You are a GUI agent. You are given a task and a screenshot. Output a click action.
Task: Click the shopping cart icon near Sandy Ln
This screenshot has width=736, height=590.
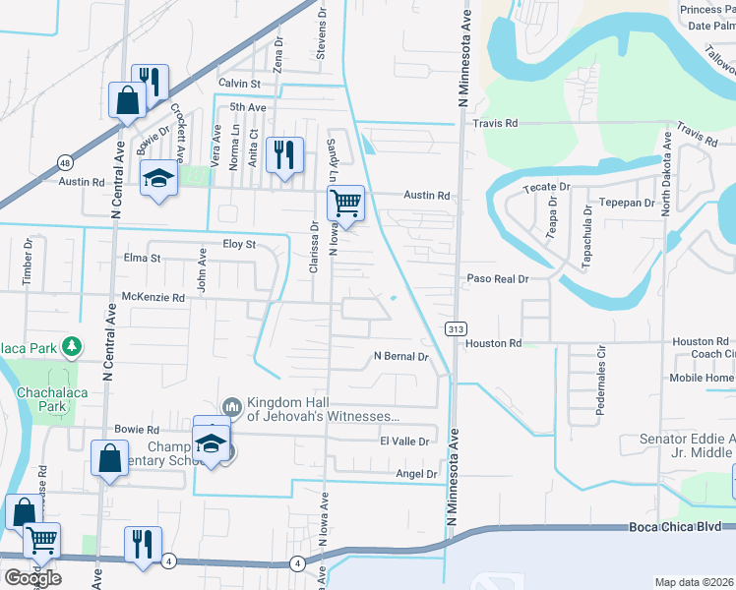345,204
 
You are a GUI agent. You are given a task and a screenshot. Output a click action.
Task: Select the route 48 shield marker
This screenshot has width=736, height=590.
64,162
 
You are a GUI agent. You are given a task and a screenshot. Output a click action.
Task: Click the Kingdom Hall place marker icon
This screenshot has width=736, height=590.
232,406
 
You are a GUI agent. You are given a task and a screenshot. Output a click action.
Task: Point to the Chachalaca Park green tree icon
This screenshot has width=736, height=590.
71,346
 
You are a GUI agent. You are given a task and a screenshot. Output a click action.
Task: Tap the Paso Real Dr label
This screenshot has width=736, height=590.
498,279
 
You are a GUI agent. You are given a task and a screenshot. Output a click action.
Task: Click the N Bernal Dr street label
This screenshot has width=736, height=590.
401,357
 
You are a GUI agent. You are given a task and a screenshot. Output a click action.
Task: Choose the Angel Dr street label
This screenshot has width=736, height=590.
415,474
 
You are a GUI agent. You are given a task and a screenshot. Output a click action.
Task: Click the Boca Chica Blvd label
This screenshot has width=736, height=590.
680,528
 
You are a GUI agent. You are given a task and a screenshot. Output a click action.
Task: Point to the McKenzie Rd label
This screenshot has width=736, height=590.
153,297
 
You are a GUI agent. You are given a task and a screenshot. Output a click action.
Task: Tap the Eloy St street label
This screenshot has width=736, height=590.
238,244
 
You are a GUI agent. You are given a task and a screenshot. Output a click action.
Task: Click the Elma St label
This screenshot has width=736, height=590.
142,260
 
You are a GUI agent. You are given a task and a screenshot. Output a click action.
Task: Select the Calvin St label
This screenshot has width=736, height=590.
239,85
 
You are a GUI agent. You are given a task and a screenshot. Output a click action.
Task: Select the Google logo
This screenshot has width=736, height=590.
32,578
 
